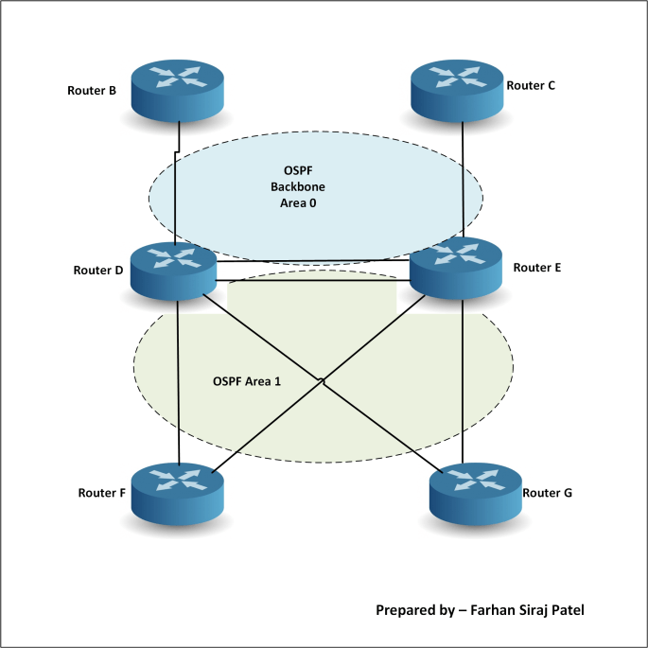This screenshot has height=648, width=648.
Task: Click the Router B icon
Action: point(177,90)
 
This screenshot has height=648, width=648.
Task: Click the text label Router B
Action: point(92,92)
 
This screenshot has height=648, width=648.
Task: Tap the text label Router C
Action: point(531,85)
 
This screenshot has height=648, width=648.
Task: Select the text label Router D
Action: point(98,271)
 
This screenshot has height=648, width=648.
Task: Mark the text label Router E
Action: point(537,268)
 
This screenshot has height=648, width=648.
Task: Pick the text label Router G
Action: point(548,493)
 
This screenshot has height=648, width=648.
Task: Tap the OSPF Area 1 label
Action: point(247,381)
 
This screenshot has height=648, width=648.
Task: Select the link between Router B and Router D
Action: point(177,189)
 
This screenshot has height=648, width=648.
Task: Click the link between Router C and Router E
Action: point(463,180)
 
